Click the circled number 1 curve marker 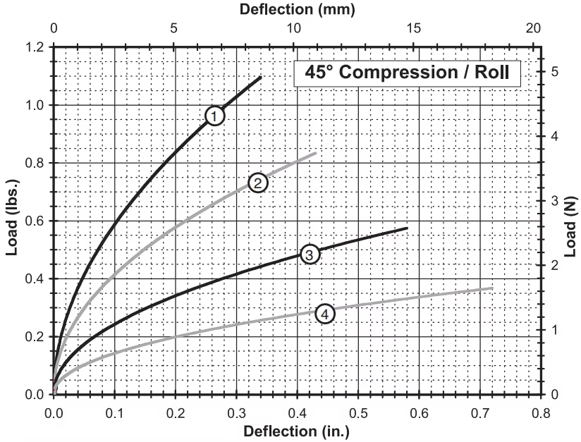click(215, 115)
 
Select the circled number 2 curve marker click(258, 183)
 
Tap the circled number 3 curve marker click(310, 254)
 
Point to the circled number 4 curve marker click(324, 314)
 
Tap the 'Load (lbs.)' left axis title click(11, 221)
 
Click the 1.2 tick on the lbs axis click(34, 47)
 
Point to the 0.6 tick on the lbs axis click(34, 221)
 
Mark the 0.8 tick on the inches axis click(541, 411)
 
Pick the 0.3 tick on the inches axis click(236, 411)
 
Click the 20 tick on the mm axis click(534, 29)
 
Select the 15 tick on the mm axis click(414, 29)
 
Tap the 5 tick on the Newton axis click(555, 71)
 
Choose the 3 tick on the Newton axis click(555, 200)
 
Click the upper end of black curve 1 click(261, 77)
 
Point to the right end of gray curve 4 click(492, 288)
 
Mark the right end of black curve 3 click(408, 228)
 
